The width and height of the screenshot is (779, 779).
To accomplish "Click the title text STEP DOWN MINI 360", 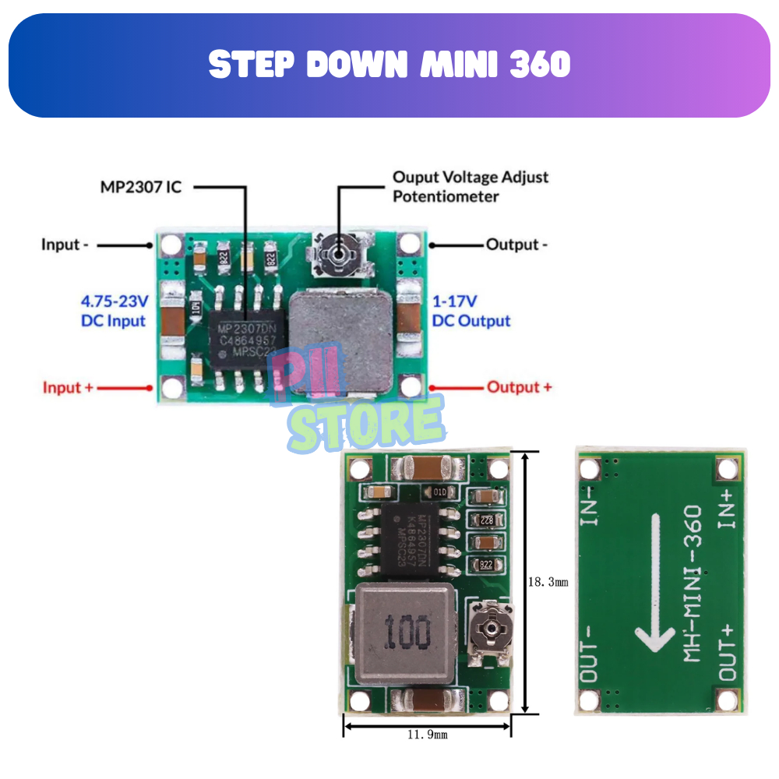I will [x=389, y=65].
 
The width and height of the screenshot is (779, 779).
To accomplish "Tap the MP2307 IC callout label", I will [x=140, y=187].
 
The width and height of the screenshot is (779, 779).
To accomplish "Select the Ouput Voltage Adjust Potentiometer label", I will [x=470, y=186].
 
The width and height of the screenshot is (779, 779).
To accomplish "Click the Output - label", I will [x=516, y=245].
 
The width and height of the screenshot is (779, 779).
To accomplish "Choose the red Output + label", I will [x=519, y=387].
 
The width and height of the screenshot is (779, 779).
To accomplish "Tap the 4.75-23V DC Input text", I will [x=114, y=310].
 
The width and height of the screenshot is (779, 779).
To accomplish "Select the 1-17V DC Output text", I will [x=471, y=310].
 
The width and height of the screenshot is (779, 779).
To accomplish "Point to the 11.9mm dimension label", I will [x=427, y=734].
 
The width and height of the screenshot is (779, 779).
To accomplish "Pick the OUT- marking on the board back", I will [x=590, y=651].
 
